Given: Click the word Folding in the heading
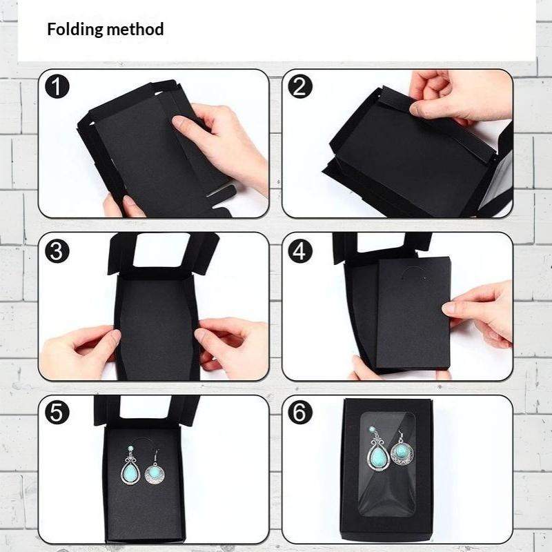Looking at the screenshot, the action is pyautogui.click(x=75, y=30).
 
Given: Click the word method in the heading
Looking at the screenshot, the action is pyautogui.click(x=135, y=29).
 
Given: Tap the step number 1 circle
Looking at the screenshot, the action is pyautogui.click(x=57, y=87).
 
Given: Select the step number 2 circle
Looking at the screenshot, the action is pyautogui.click(x=300, y=87).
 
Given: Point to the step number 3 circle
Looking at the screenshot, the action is pyautogui.click(x=57, y=251).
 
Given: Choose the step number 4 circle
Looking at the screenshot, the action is pyautogui.click(x=300, y=251).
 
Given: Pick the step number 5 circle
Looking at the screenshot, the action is pyautogui.click(x=57, y=412).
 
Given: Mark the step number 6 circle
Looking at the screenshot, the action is pyautogui.click(x=300, y=412).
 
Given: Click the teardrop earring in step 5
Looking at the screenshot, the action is pyautogui.click(x=130, y=465).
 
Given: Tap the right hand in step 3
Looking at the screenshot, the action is pyautogui.click(x=231, y=347).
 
